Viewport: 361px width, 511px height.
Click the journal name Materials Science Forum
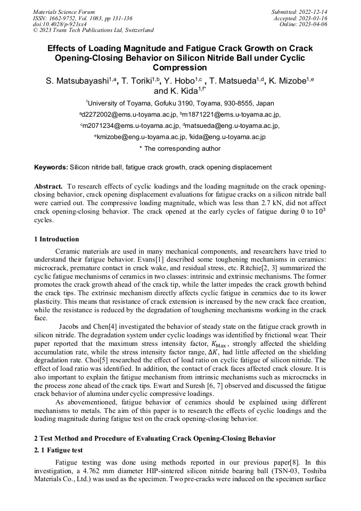click(64, 12)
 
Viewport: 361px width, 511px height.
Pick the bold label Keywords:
click(51, 167)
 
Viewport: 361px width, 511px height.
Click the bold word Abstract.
click(48, 186)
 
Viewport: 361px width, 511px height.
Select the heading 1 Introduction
click(56, 239)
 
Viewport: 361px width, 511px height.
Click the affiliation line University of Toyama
click(180, 103)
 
